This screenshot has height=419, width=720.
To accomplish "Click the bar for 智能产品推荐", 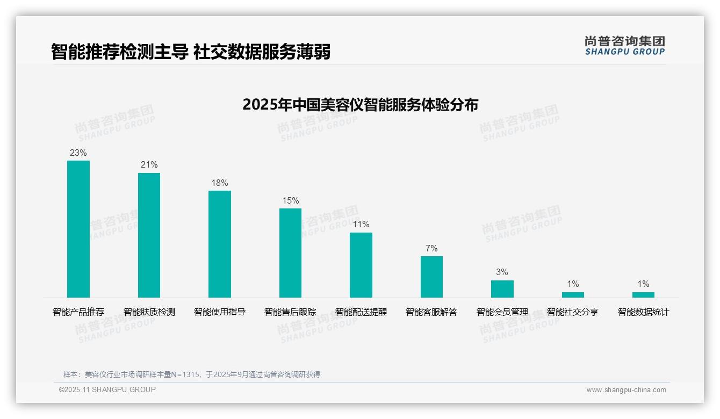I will click(78, 229).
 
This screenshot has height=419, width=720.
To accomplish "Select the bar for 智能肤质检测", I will click(149, 235).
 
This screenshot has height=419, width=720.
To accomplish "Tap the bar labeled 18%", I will click(220, 244).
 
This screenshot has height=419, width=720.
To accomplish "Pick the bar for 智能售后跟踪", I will click(290, 253).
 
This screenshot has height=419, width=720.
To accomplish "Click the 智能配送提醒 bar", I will click(361, 265).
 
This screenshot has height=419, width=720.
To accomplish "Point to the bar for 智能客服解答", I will click(431, 277).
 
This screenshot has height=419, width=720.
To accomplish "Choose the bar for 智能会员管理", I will click(502, 289).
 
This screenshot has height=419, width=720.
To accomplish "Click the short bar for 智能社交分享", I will click(573, 295).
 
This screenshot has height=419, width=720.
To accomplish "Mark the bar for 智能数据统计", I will click(643, 295).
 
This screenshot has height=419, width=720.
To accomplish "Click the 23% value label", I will click(78, 153).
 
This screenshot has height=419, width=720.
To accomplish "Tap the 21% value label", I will click(149, 165).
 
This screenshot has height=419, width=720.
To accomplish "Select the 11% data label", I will click(361, 225).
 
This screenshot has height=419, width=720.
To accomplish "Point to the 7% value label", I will click(431, 248).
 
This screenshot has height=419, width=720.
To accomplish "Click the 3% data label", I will click(502, 272).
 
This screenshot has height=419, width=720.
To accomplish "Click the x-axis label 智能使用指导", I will click(220, 312).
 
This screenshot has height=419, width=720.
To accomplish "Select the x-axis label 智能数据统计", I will click(643, 312).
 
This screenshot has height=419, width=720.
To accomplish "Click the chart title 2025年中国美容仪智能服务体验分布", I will click(360, 105).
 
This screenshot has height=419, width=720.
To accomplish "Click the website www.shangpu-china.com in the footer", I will click(626, 390).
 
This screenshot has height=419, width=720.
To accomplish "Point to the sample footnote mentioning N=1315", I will click(192, 374).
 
